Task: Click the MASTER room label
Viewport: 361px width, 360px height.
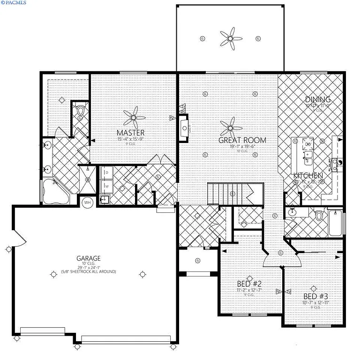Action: [130, 133]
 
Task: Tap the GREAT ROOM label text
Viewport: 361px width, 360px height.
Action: [242, 140]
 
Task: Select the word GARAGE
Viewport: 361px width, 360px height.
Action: [89, 258]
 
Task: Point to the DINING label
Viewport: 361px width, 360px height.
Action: [317, 99]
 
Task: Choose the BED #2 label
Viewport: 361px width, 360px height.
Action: [249, 284]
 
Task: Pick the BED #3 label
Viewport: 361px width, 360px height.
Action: [316, 296]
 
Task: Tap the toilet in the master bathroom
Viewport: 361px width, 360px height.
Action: [80, 112]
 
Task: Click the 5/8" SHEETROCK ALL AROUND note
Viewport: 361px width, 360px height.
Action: [89, 272]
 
